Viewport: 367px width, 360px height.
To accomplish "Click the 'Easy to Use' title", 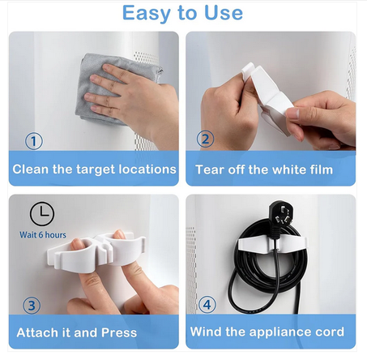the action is [x=182, y=13].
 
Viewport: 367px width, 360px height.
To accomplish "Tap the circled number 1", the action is [x=34, y=141].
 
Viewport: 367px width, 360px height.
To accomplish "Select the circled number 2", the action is [x=205, y=139].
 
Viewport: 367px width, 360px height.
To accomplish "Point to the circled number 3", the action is [x=32, y=306].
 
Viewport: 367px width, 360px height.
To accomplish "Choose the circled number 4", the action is [x=207, y=305].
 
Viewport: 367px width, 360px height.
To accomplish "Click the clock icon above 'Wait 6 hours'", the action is [x=42, y=214].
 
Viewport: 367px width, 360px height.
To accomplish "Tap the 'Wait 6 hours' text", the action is [x=43, y=235].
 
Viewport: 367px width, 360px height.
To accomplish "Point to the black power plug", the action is [x=281, y=216].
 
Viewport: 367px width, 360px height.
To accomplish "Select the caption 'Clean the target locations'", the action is [x=94, y=169].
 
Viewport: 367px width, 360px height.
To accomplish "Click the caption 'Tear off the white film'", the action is [x=264, y=169].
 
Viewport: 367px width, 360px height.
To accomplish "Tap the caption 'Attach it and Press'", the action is [x=77, y=332].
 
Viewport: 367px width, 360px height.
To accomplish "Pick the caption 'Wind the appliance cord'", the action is [x=267, y=332].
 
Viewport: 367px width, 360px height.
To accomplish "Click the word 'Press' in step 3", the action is [x=119, y=332].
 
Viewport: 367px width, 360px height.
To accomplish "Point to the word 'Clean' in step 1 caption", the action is [x=31, y=169].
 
